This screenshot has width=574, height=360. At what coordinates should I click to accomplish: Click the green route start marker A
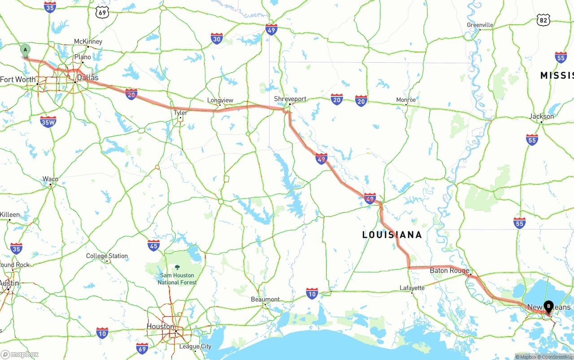26,51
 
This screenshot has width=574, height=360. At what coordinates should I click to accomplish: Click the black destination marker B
548,307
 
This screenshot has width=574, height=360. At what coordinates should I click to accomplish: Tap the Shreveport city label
290,99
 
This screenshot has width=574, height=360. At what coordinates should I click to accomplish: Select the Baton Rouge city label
449,270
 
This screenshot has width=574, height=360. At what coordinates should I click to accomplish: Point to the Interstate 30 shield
217,39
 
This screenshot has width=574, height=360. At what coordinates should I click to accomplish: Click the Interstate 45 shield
154,245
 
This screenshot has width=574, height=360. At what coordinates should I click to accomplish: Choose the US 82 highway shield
544,19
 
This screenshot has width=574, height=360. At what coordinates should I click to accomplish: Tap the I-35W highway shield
48,121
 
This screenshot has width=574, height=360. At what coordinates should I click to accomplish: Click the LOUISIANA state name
392,235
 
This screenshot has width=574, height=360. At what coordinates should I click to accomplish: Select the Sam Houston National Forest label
177,278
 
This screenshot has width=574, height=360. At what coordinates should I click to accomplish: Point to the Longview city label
220,100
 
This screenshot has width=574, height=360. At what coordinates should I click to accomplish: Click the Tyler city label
180,113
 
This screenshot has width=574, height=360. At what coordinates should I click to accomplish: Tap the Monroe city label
406,100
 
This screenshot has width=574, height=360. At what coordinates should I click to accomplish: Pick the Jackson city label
541,116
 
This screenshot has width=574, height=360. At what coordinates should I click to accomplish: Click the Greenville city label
480,25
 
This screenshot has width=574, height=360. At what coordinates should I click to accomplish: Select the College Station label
107,256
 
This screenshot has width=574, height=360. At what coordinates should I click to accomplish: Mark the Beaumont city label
265,299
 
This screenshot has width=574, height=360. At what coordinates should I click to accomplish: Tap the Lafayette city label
412,288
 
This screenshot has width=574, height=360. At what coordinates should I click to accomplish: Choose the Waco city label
50,179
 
